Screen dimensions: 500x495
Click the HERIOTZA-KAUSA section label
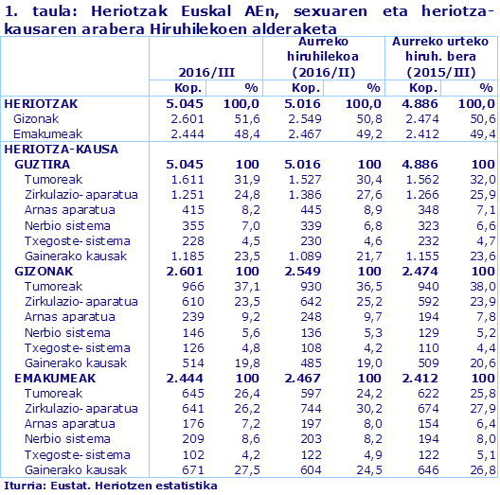[55, 149]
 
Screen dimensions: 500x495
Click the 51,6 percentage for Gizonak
[246, 118]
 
